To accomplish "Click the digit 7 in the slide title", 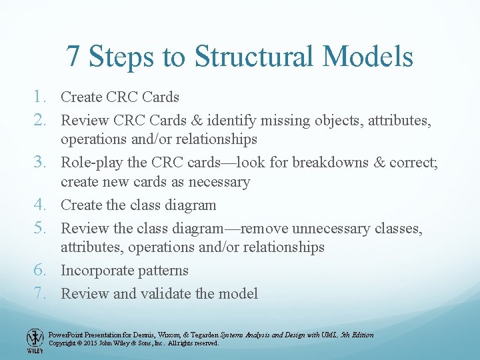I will tap(74, 57).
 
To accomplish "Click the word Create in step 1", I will tap(81, 97).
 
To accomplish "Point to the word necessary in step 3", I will tap(220, 182).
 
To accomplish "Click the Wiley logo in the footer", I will tap(35, 340).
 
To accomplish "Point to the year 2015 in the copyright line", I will tap(92, 343).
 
